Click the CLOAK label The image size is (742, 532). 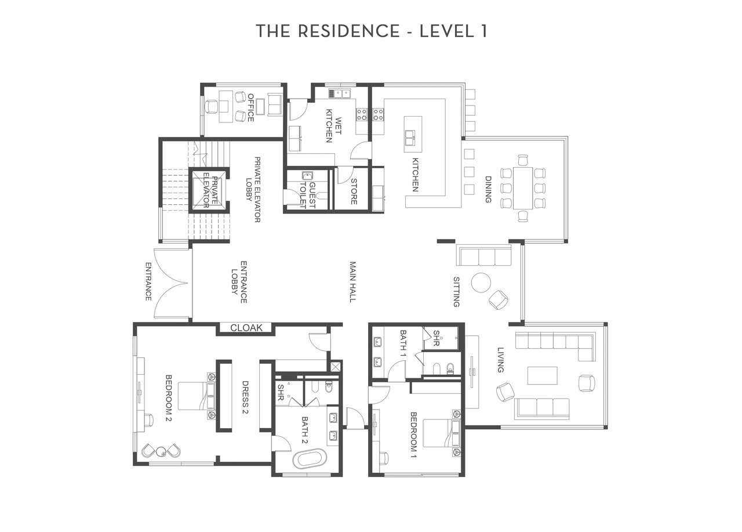point(246,328)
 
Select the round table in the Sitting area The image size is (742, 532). point(481,283)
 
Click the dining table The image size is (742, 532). point(523,189)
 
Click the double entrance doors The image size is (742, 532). point(172,283)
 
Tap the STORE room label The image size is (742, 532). point(354,191)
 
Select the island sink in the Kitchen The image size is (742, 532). point(410,138)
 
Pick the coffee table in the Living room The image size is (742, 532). point(542,375)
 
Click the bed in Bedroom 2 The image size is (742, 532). point(197,396)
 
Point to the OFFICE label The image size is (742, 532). point(250,108)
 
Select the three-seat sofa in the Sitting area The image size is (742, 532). point(484,255)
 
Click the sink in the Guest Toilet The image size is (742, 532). point(307,176)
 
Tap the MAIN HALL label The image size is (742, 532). point(353,282)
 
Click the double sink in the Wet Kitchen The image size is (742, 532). point(340,93)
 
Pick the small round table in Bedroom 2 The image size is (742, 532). point(161,451)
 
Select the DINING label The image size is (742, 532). point(488,189)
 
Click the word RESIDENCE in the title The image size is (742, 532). point(349,31)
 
